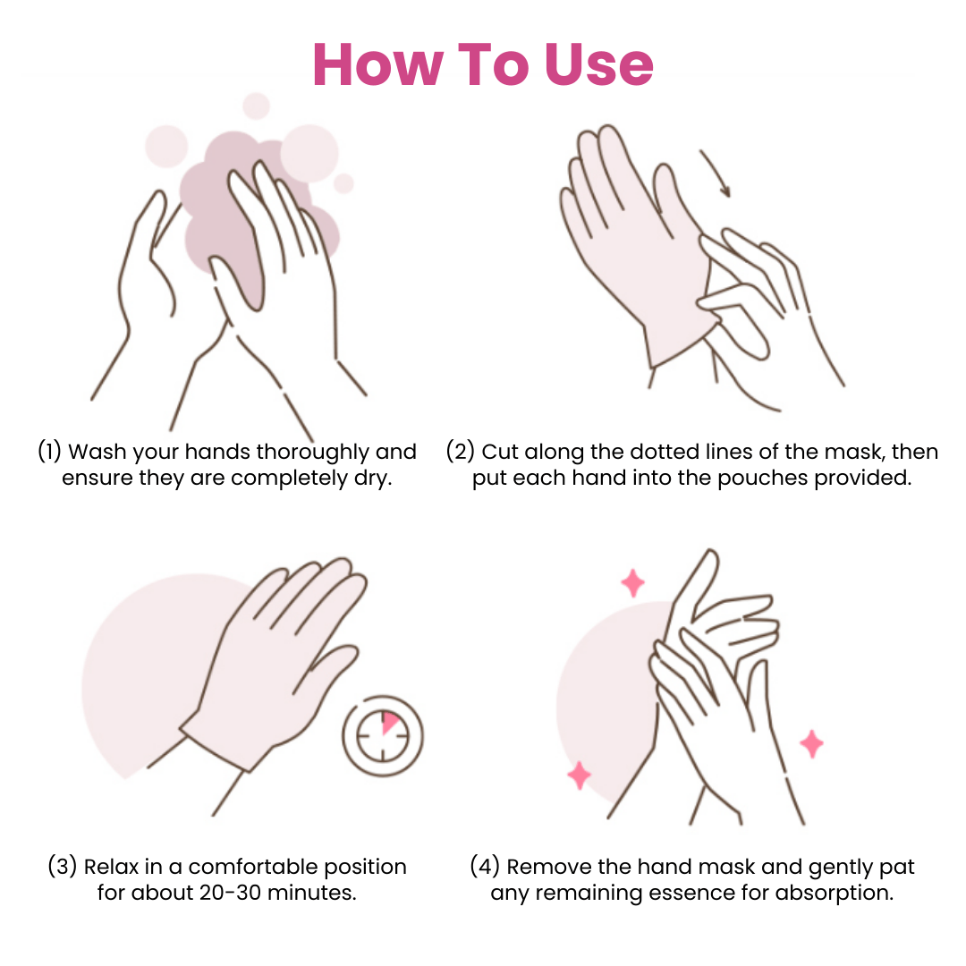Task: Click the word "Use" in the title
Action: point(598,64)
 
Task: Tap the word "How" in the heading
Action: point(378,64)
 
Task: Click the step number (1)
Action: point(49,451)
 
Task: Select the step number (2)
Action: point(460,451)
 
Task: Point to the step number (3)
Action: point(63,866)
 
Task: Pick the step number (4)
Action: point(485,866)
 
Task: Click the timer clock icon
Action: point(383,735)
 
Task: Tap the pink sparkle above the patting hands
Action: point(632,583)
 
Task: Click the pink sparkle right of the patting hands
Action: point(811,743)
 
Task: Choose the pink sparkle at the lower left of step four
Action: point(579,775)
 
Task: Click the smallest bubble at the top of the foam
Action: point(343,183)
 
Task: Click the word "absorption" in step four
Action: point(835,894)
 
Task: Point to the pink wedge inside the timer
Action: point(390,722)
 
